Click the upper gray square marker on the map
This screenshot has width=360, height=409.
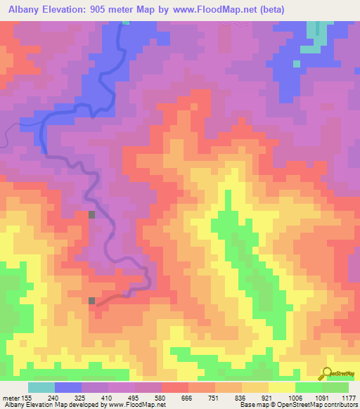91,214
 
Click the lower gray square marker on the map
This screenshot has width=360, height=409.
92,301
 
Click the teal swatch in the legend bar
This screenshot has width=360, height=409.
41,387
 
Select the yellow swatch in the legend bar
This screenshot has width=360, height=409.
281,387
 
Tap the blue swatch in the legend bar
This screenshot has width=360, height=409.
68,387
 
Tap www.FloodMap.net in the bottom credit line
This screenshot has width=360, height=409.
136,405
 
